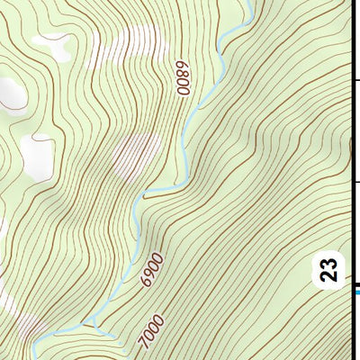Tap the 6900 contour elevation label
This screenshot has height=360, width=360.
tap(152, 268)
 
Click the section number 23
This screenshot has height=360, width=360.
tap(330, 270)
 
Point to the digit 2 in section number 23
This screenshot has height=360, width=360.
tap(330, 275)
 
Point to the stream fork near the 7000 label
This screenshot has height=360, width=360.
tap(90, 323)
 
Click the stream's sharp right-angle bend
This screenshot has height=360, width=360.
tap(144, 193)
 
